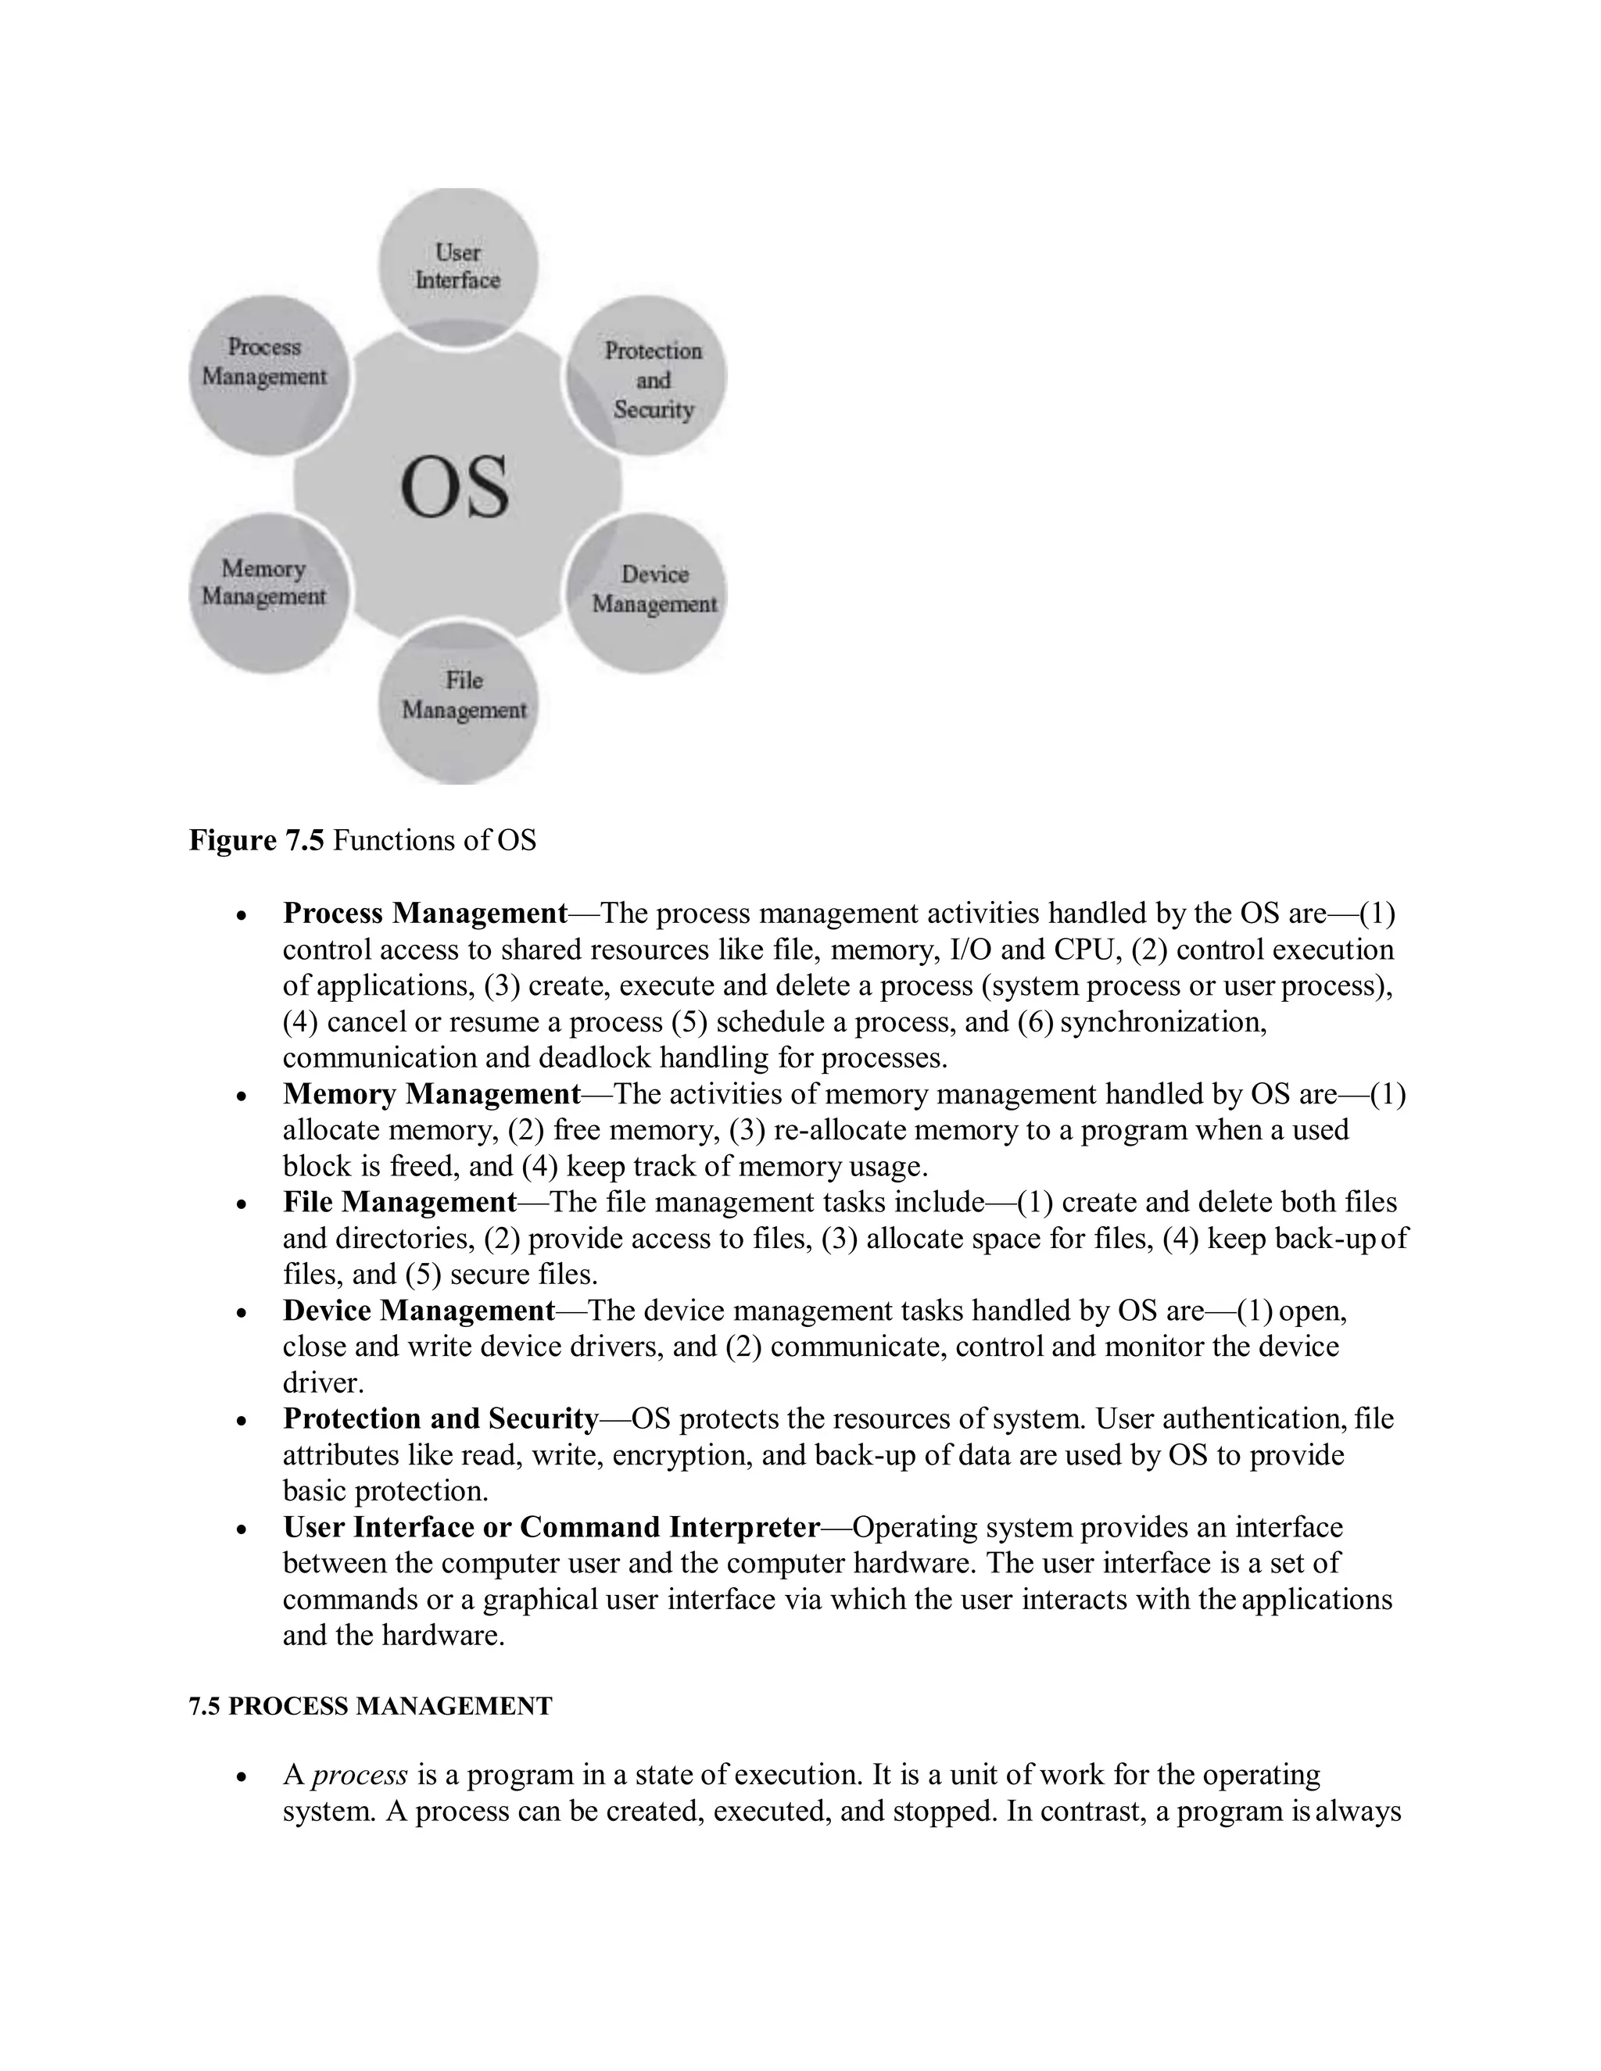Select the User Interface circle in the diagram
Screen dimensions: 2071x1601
pos(458,266)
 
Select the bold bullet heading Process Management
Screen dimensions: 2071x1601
pos(425,913)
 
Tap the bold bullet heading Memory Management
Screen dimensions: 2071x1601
pos(432,1094)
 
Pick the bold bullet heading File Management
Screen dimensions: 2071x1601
pos(399,1203)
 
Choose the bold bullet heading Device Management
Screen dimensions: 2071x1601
pos(418,1311)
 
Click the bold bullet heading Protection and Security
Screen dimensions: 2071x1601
pos(440,1418)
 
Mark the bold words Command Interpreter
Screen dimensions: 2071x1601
pos(670,1528)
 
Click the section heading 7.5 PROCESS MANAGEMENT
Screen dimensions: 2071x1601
pos(370,1707)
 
